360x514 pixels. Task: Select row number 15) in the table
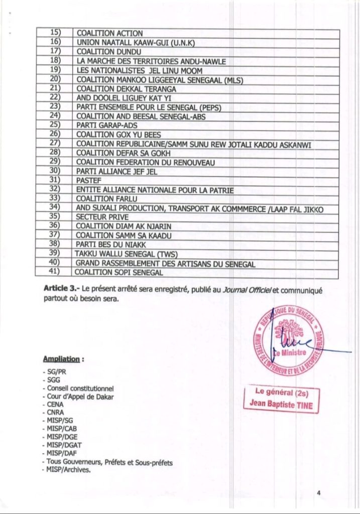click(x=55, y=33)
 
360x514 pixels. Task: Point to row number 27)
click(x=55, y=144)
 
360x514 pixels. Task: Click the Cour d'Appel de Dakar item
click(x=80, y=396)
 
